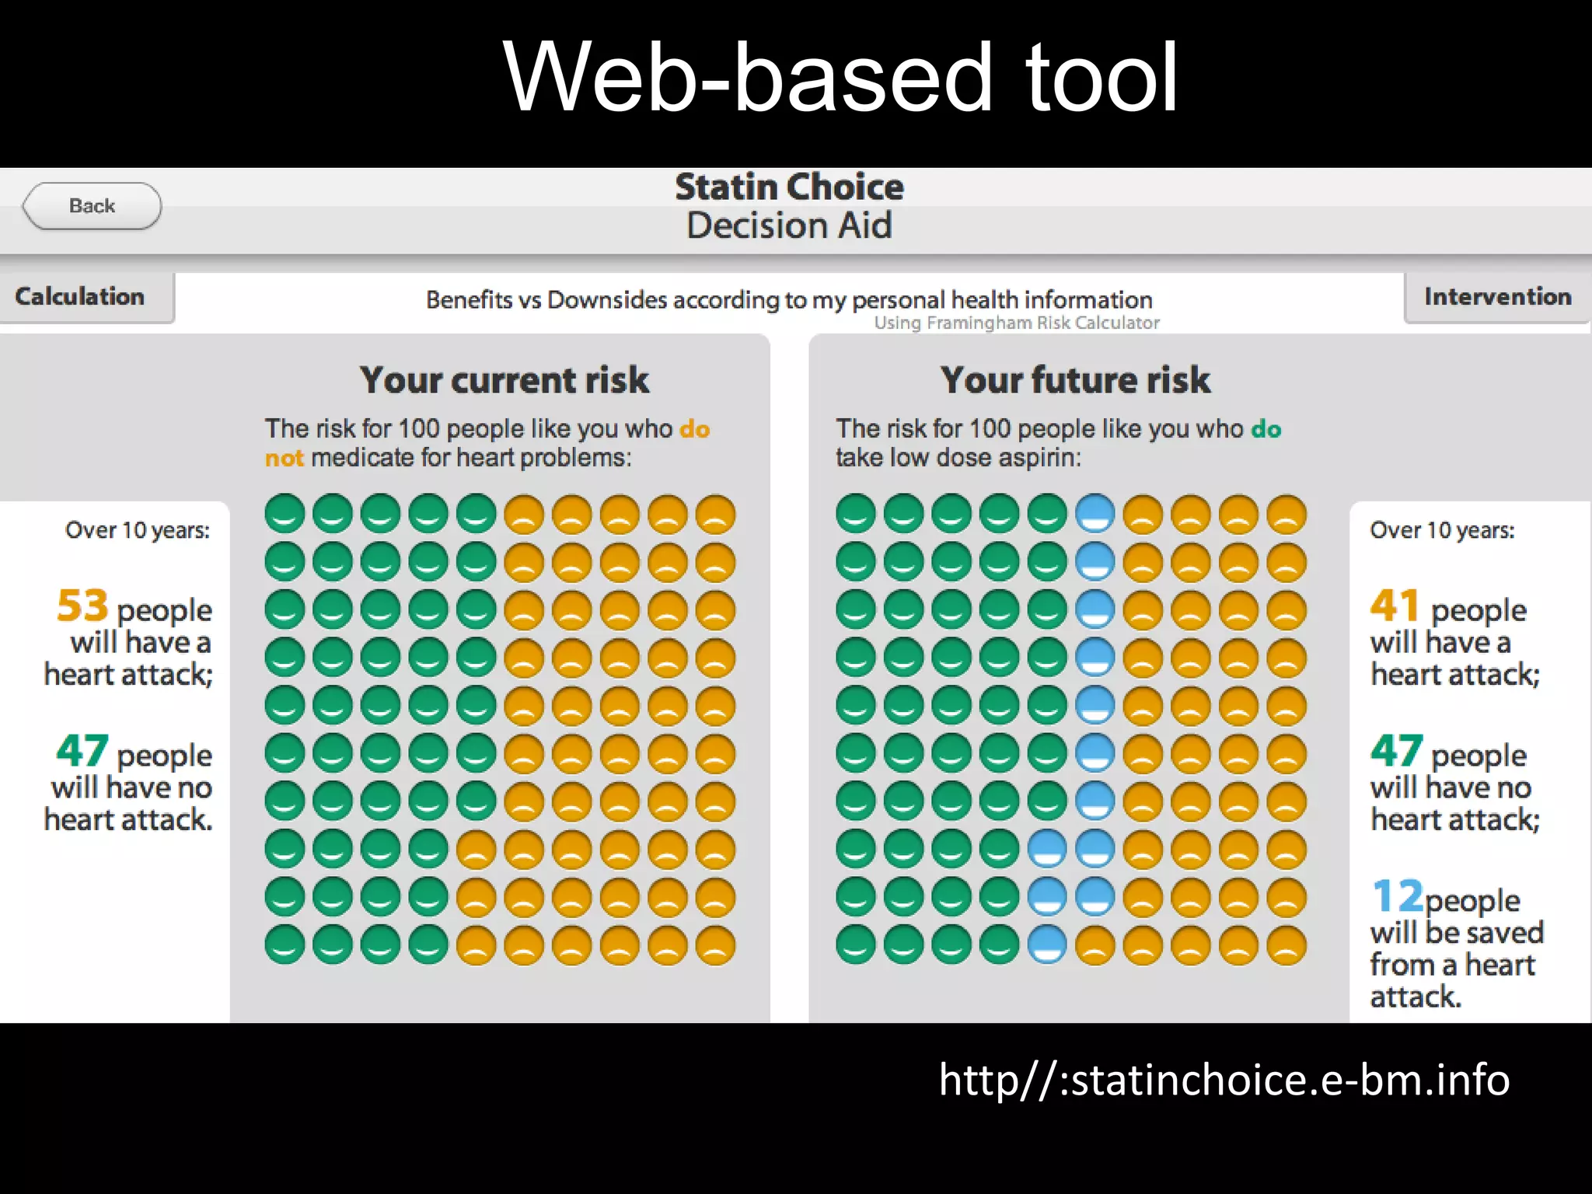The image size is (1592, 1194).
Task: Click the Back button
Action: click(x=92, y=206)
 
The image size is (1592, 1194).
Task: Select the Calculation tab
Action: click(x=81, y=296)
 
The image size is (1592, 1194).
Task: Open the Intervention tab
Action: click(x=1497, y=296)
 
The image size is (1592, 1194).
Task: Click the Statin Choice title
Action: click(x=789, y=187)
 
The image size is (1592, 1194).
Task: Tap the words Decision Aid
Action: click(x=789, y=226)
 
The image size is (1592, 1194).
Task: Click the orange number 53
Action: click(x=82, y=606)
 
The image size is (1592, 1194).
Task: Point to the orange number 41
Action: click(x=1395, y=606)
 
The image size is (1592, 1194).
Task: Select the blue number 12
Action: click(x=1397, y=896)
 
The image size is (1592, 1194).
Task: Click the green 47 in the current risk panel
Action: click(x=82, y=751)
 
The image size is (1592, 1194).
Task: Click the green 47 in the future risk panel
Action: click(x=1397, y=751)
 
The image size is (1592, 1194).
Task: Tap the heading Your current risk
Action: click(x=504, y=380)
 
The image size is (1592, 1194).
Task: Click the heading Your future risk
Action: click(x=1075, y=380)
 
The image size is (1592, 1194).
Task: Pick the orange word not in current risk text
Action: click(x=284, y=458)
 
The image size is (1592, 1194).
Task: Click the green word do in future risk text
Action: click(x=1266, y=429)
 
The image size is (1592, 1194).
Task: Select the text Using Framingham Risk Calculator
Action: click(x=1016, y=323)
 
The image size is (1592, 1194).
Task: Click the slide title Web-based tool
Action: click(x=840, y=78)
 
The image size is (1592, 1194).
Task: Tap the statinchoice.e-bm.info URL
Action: click(x=1224, y=1080)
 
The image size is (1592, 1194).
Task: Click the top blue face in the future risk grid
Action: click(x=1095, y=514)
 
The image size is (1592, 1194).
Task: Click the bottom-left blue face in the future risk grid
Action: click(x=1047, y=945)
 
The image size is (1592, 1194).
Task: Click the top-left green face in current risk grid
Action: click(x=285, y=514)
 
